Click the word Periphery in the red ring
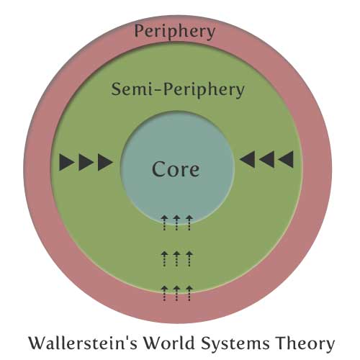(175, 32)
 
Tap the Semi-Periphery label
(178, 90)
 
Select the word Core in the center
(176, 169)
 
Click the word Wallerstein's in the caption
(83, 343)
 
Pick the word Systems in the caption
(235, 343)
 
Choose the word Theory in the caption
(305, 343)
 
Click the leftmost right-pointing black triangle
(66, 163)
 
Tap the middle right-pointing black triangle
(86, 163)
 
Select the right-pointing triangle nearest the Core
(105, 163)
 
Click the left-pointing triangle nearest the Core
(247, 159)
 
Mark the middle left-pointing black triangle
(266, 159)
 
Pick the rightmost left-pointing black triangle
(286, 159)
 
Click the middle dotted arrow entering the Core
(176, 223)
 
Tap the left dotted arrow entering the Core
(164, 223)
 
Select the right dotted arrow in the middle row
(189, 258)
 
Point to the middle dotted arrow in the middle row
(176, 258)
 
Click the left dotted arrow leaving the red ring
(164, 293)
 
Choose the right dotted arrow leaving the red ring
(189, 293)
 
